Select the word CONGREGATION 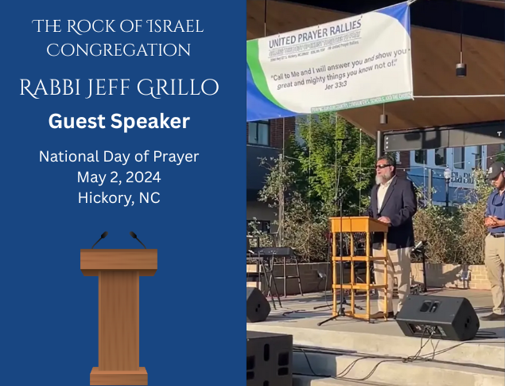118,50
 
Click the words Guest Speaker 118,121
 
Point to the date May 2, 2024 118,177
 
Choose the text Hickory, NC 118,197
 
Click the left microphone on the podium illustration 99,239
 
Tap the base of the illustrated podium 118,376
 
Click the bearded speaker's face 384,169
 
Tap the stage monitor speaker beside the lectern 437,316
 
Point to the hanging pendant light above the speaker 461,68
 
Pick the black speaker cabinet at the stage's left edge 257,305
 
